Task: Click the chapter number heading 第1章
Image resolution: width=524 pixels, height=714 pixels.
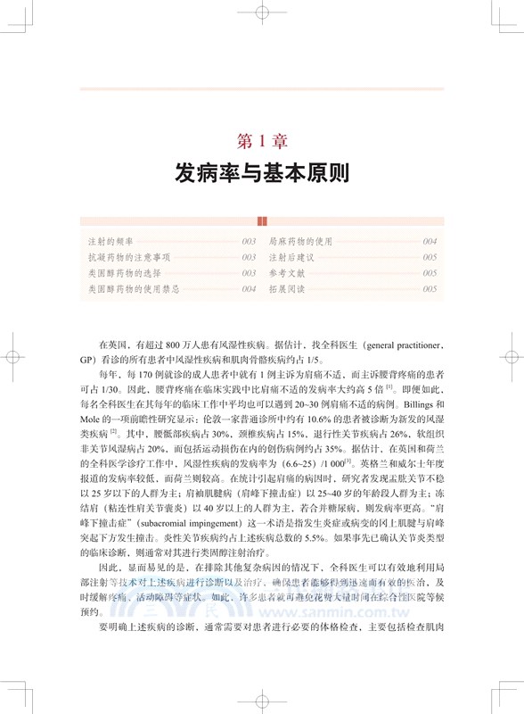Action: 261,140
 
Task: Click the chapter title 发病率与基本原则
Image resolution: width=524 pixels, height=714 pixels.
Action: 261,173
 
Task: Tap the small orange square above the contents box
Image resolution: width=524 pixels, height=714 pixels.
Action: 261,221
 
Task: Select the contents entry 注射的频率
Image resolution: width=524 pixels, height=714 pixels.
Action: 109,242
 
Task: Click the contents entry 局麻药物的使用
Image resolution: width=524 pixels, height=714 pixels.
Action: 306,242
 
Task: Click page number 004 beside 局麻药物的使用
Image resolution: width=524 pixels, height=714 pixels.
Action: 430,242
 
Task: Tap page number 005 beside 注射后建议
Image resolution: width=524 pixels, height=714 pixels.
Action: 430,258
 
